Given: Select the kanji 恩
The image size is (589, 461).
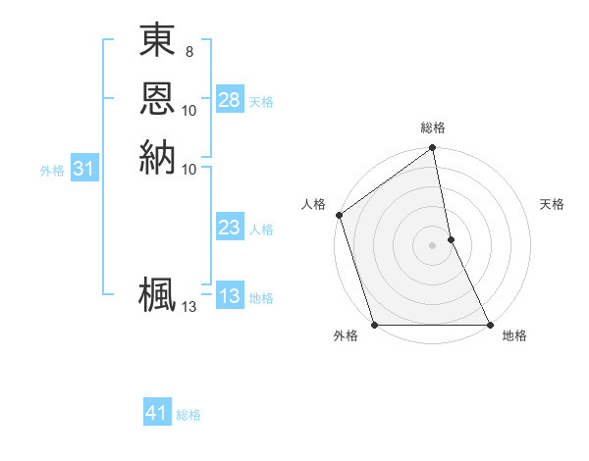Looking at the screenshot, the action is [157, 98].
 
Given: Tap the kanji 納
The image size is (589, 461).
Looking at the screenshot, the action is [157, 157].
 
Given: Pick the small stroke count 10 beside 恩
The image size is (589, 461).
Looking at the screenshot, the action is [189, 110].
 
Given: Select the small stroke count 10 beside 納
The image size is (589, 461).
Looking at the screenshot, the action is [189, 169].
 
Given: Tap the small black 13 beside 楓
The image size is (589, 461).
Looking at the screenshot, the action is [189, 307].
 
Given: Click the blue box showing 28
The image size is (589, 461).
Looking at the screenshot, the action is [230, 100].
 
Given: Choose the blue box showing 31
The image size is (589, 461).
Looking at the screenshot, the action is [84, 169].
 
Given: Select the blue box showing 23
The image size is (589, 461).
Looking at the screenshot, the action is [230, 229].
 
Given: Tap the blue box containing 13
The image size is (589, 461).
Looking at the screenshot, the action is [230, 297].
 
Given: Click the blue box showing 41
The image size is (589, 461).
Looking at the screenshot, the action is [157, 413].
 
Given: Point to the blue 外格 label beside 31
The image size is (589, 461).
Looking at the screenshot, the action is [52, 170].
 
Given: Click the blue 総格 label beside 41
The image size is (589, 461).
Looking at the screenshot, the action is [188, 415].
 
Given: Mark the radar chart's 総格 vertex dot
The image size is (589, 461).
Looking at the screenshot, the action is [432, 149].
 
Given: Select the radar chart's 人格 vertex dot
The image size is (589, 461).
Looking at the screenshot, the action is [339, 215].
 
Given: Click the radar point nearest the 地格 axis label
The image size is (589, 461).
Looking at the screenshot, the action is [490, 325].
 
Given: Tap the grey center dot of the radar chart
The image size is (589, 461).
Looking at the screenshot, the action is [432, 245].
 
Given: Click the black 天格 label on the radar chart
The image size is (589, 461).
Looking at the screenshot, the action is [553, 204].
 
